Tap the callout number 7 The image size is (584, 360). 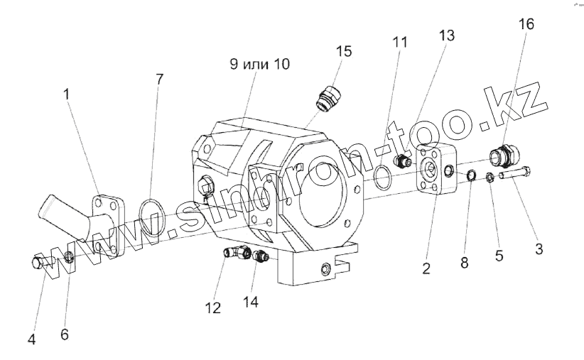click(x=158, y=79)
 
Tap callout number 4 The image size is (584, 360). click(x=31, y=339)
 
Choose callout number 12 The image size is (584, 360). click(x=213, y=308)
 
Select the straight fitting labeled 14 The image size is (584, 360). click(x=261, y=257)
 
